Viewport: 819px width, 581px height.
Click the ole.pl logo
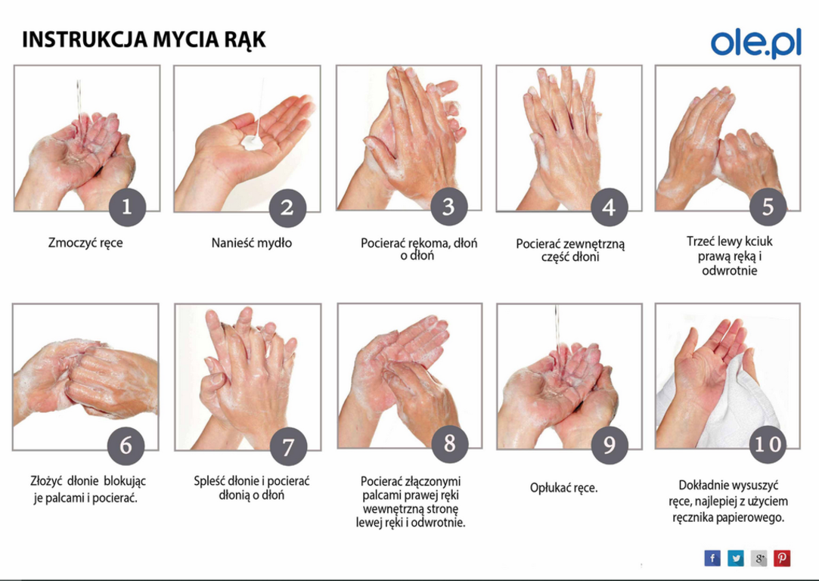coord(755,43)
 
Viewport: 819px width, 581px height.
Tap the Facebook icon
coord(712,558)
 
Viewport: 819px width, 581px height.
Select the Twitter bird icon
coord(735,558)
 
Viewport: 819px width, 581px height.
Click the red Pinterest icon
coord(782,558)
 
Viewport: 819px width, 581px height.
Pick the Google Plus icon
coord(759,558)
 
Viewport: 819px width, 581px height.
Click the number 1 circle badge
coord(127,207)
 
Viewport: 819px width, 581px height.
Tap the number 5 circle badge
coord(768,207)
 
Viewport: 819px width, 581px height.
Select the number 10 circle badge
coord(768,444)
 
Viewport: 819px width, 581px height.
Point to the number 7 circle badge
coord(288,447)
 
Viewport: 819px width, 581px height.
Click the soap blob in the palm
coord(253,142)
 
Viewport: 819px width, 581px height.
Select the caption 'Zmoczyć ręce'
coord(85,243)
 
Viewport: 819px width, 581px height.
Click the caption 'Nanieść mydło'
coord(251,243)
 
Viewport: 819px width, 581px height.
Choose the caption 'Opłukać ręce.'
coord(563,488)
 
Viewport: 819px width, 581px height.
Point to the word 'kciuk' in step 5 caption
coord(755,241)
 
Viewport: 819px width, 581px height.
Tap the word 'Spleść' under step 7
coord(210,481)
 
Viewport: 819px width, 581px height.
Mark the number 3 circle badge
coord(448,207)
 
